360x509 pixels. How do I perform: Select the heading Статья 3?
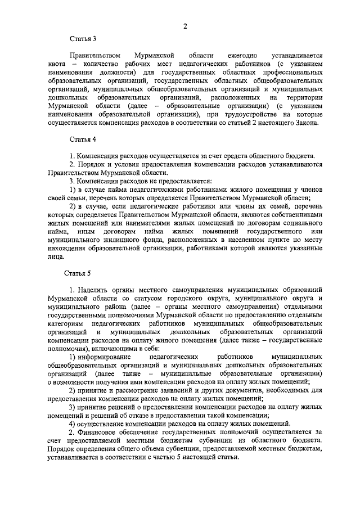coord(83,39)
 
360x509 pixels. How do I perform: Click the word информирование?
coord(105,357)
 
